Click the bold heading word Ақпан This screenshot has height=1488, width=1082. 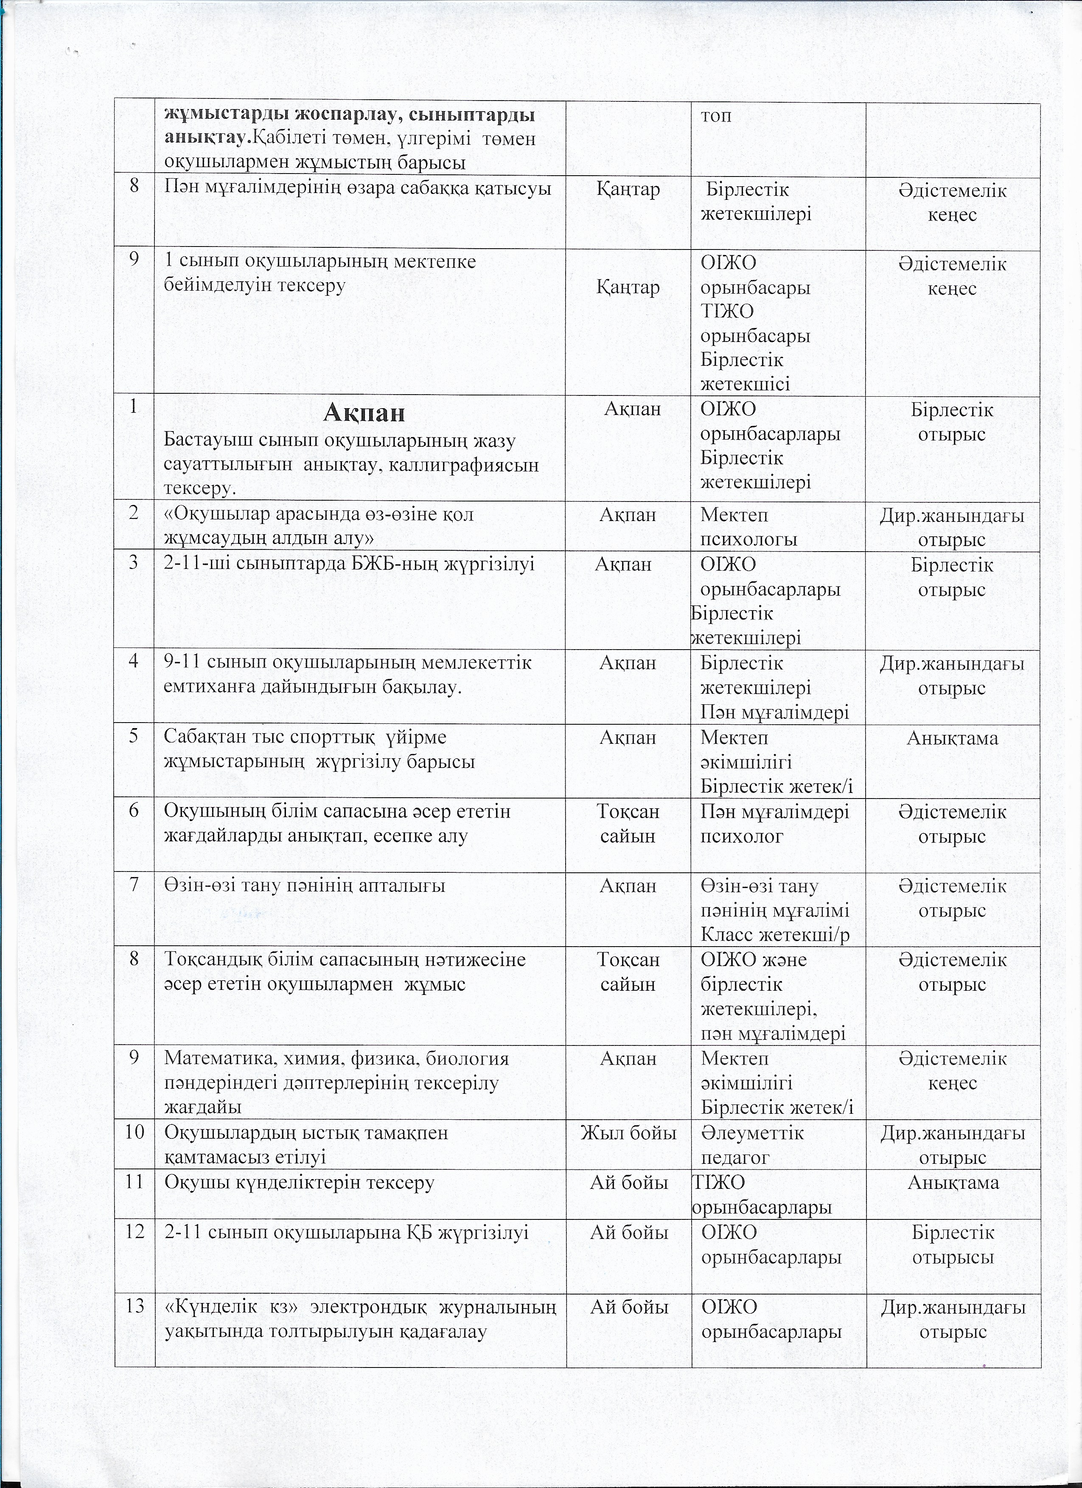tap(364, 413)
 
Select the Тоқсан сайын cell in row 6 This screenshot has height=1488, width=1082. tap(628, 824)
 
